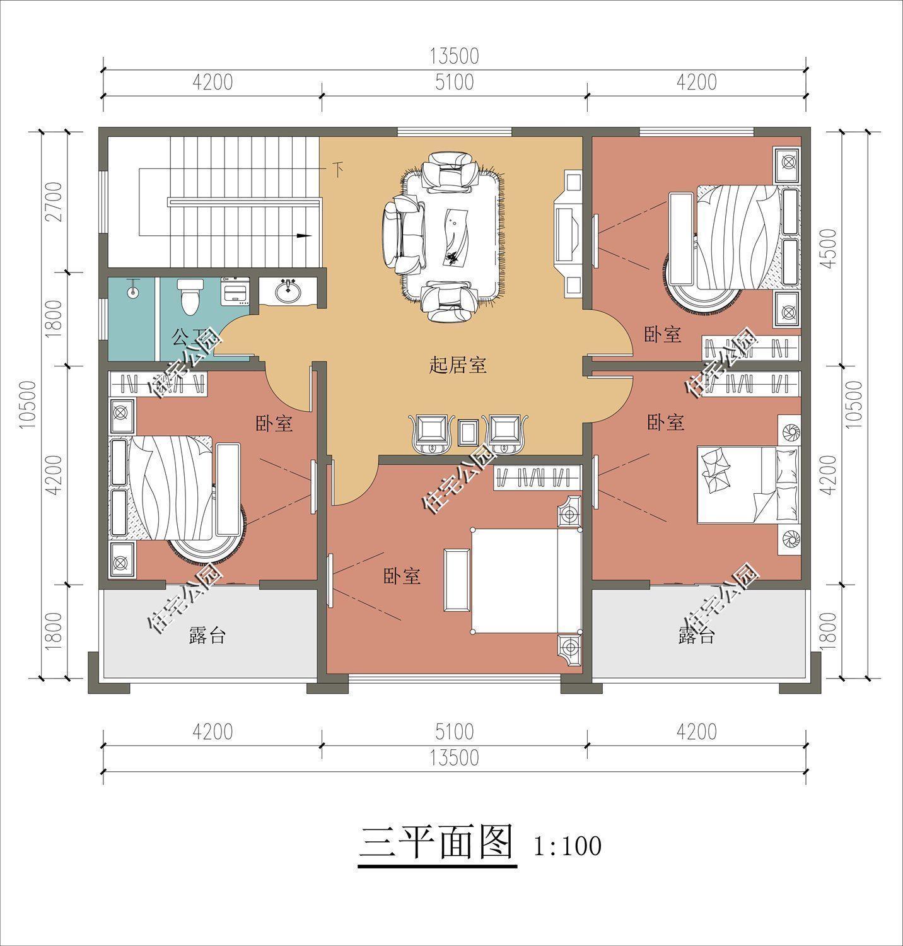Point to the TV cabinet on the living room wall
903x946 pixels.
[569, 234]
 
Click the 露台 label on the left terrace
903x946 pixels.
[207, 636]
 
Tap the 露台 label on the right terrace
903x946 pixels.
[696, 636]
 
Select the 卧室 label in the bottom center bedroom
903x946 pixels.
[402, 576]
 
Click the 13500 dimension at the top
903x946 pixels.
[454, 56]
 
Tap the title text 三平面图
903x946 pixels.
[437, 844]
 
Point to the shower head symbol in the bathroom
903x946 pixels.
[132, 292]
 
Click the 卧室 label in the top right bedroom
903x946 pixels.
[663, 335]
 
